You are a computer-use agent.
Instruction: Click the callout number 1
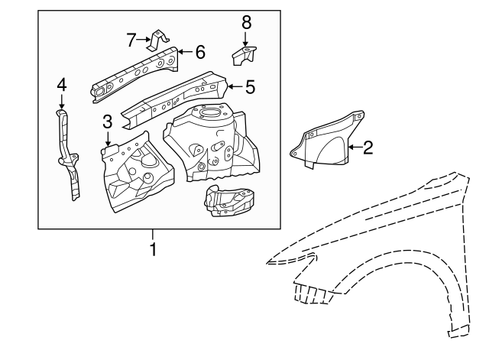(x=153, y=249)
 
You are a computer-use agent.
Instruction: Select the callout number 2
(x=368, y=148)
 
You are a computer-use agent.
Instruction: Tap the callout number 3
(x=108, y=121)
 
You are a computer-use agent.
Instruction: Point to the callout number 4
(x=62, y=85)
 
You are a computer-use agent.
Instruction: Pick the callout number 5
(x=250, y=88)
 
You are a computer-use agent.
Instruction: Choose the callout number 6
(x=200, y=52)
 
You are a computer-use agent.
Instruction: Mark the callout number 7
(x=131, y=38)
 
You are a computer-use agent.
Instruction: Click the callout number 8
(x=245, y=22)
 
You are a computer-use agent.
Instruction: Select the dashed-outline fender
(x=382, y=245)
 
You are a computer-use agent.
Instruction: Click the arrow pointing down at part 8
(x=245, y=38)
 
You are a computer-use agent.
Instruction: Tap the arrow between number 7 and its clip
(x=144, y=38)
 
